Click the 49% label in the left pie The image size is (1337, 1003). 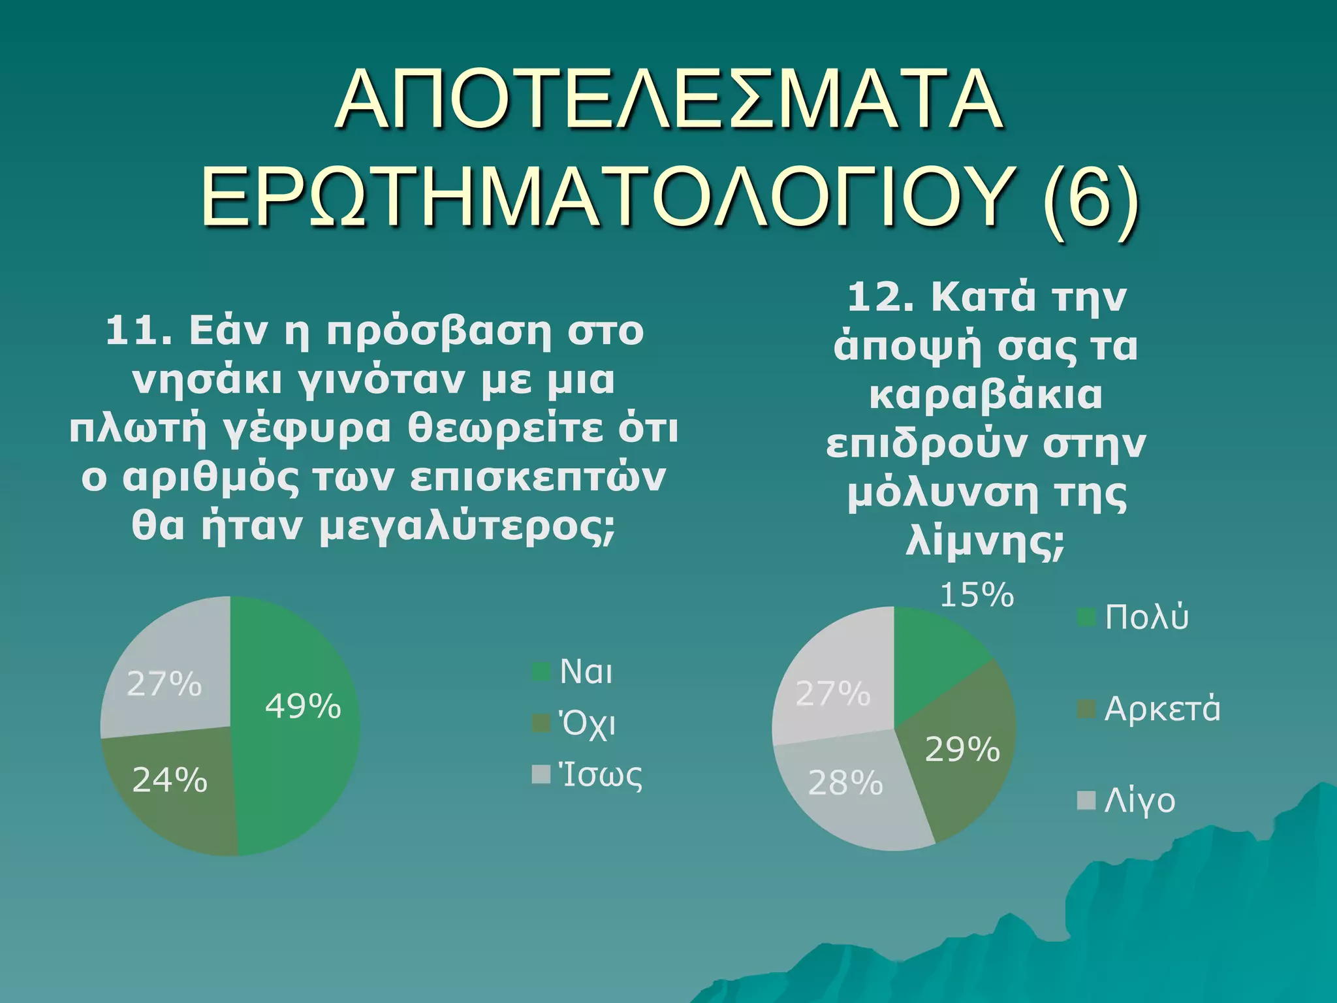pyautogui.click(x=303, y=707)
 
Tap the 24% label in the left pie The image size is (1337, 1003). pyautogui.click(x=170, y=780)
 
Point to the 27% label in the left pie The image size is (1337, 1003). pyautogui.click(x=164, y=684)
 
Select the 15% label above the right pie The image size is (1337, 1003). pyautogui.click(x=977, y=596)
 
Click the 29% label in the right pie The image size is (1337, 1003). pyautogui.click(x=962, y=750)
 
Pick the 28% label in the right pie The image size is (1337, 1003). pyautogui.click(x=845, y=783)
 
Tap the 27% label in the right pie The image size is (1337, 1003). pyautogui.click(x=833, y=693)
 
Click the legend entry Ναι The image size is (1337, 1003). pyautogui.click(x=586, y=672)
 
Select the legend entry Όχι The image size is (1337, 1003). pyautogui.click(x=587, y=724)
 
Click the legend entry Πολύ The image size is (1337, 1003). pyautogui.click(x=1146, y=617)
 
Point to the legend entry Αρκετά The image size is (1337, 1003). pyautogui.click(x=1161, y=709)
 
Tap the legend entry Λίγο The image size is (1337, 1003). pyautogui.click(x=1139, y=801)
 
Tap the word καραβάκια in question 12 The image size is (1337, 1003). pyautogui.click(x=985, y=395)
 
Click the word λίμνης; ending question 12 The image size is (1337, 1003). pyautogui.click(x=985, y=541)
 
